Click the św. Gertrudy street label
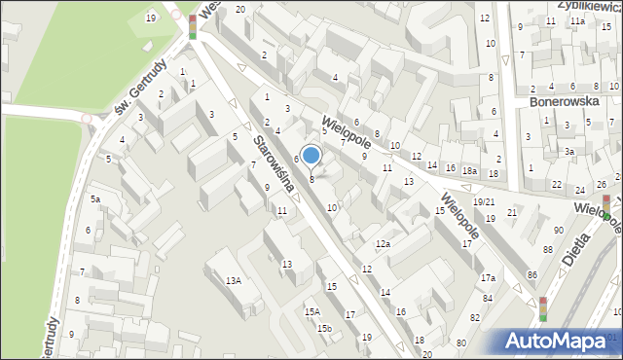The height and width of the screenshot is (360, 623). coord(136,96)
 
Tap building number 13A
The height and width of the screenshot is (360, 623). coord(234,281)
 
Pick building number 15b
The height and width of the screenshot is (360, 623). coord(324,328)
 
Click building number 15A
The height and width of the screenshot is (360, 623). coord(311,311)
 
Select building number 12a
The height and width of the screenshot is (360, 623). coord(384,243)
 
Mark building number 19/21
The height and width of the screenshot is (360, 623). coord(484,201)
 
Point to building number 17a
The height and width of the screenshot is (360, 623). coord(488,278)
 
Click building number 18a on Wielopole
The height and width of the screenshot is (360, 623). coord(470,171)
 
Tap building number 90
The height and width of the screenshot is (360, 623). coord(559,230)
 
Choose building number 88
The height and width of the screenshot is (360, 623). coord(548,250)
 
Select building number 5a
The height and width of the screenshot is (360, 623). coord(95,198)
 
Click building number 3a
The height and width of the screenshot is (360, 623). coord(570,152)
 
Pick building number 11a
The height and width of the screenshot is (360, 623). coord(578,20)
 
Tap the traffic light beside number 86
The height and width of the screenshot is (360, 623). coord(543,308)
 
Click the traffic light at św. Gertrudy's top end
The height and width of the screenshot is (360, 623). coord(193,26)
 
